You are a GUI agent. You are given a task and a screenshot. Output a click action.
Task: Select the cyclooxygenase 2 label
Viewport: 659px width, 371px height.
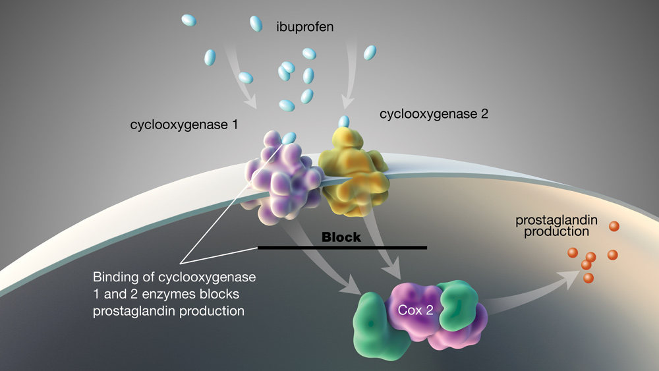434,114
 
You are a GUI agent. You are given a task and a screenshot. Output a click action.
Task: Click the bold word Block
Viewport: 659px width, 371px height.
341,237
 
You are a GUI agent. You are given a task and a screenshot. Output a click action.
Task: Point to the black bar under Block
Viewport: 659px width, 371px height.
342,248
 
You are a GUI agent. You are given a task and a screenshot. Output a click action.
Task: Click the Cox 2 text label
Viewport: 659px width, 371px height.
415,309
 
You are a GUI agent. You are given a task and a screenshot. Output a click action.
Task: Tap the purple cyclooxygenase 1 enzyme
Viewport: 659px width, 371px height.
280,175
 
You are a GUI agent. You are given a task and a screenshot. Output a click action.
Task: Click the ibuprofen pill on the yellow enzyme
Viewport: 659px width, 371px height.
343,121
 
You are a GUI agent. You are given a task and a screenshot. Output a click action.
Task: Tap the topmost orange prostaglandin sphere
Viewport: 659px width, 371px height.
614,227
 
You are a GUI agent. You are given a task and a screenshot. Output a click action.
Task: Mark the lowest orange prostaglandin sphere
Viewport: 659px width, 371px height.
588,277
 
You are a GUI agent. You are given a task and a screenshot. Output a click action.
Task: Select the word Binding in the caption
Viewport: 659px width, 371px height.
113,277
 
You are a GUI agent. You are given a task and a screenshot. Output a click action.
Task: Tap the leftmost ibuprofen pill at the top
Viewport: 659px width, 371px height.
188,20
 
